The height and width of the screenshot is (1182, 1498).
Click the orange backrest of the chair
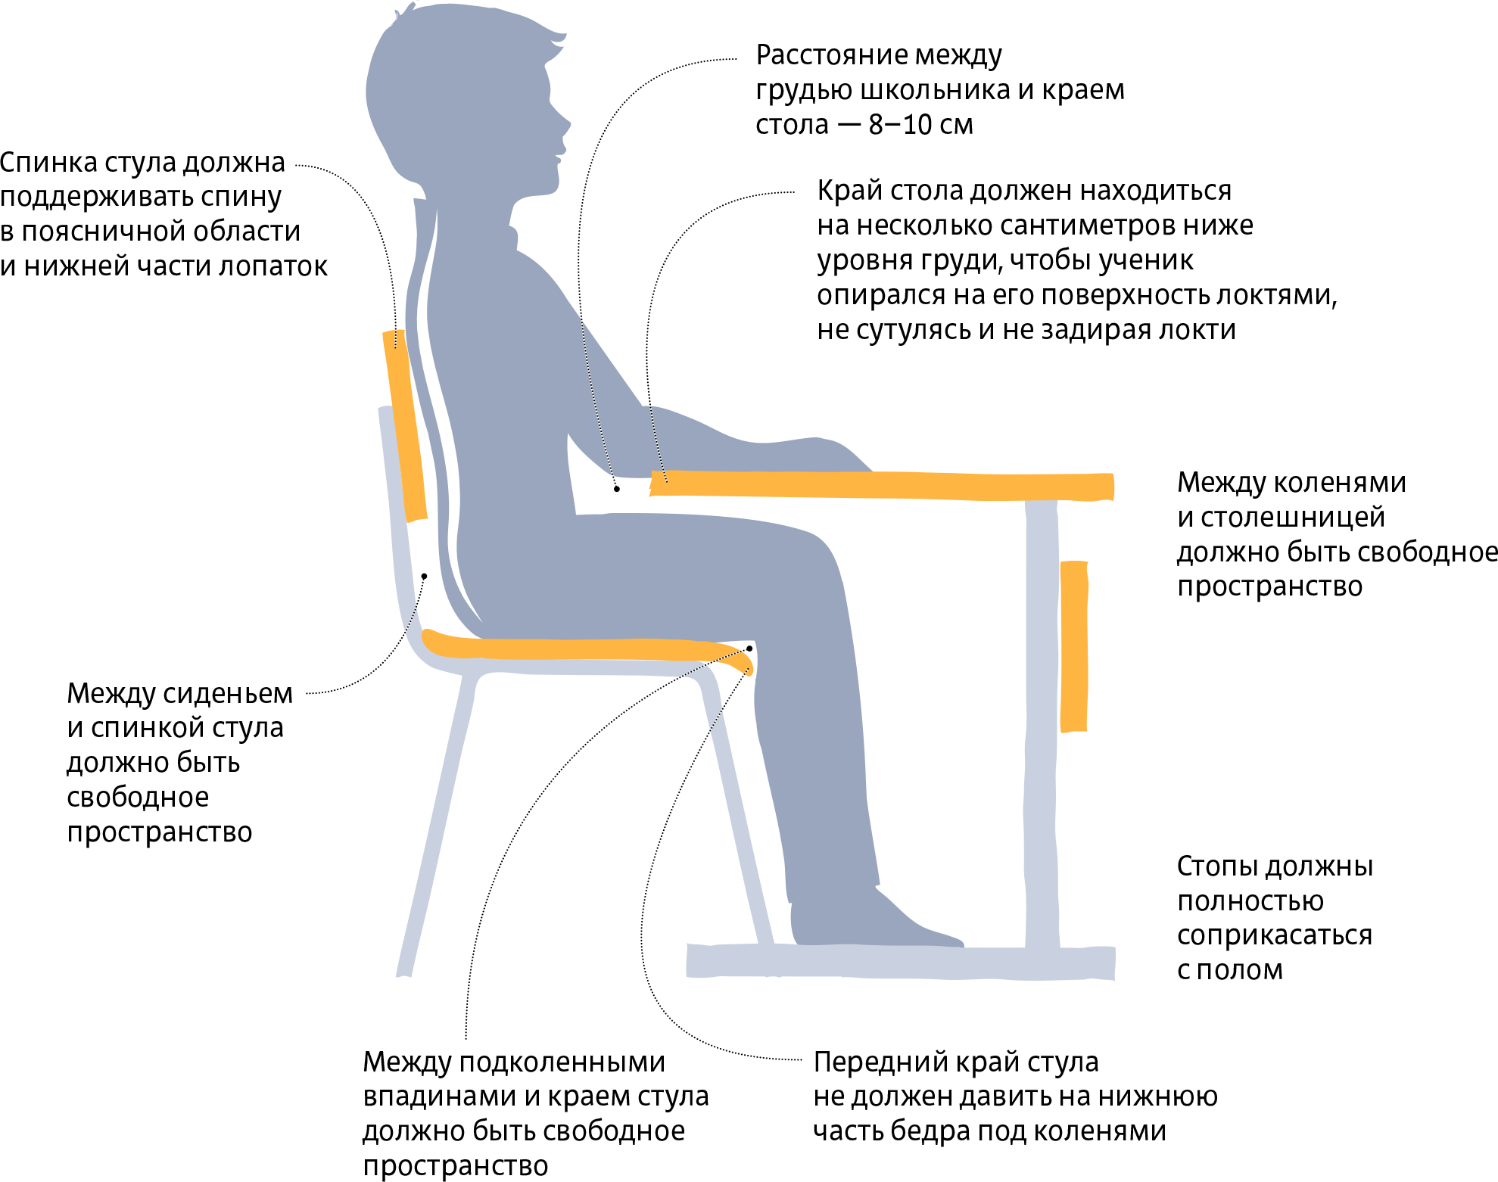(x=405, y=426)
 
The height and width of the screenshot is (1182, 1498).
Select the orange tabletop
(x=882, y=485)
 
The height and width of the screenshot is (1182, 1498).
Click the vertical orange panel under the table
(x=1074, y=646)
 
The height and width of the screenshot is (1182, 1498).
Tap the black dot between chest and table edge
(x=617, y=489)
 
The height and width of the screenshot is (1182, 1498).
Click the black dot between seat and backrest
(x=424, y=577)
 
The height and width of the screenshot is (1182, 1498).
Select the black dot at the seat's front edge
(x=749, y=649)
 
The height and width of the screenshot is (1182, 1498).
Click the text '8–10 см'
(x=920, y=124)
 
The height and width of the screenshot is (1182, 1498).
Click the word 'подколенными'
(x=562, y=1063)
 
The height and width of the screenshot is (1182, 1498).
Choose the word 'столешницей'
(x=1293, y=518)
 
